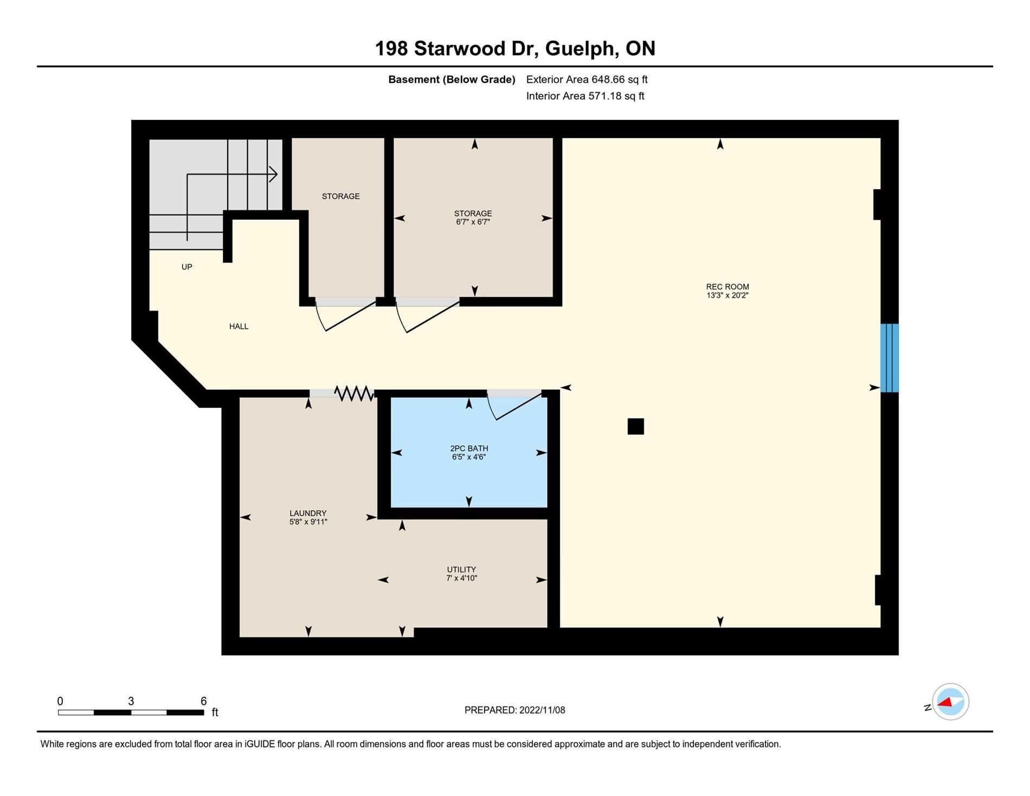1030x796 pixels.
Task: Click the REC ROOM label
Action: [728, 287]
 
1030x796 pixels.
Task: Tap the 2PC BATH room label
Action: [469, 448]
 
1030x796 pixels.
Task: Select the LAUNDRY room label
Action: [308, 513]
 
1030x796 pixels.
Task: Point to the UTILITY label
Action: [461, 570]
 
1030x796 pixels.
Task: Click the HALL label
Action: [239, 326]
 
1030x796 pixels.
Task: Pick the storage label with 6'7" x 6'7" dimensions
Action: [473, 214]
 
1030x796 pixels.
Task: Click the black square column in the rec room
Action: [636, 427]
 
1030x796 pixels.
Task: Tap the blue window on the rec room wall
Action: [890, 358]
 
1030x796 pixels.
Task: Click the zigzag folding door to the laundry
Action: [354, 393]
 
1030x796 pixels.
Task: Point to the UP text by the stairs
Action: [186, 267]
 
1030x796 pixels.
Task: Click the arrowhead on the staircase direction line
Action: [274, 175]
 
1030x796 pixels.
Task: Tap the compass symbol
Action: [950, 702]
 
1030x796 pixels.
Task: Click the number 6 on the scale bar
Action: [204, 701]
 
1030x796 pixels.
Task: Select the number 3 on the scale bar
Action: [131, 701]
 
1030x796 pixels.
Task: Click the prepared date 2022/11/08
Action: [542, 710]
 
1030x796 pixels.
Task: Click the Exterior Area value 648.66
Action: [609, 80]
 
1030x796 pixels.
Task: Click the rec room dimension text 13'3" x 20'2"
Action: [728, 296]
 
